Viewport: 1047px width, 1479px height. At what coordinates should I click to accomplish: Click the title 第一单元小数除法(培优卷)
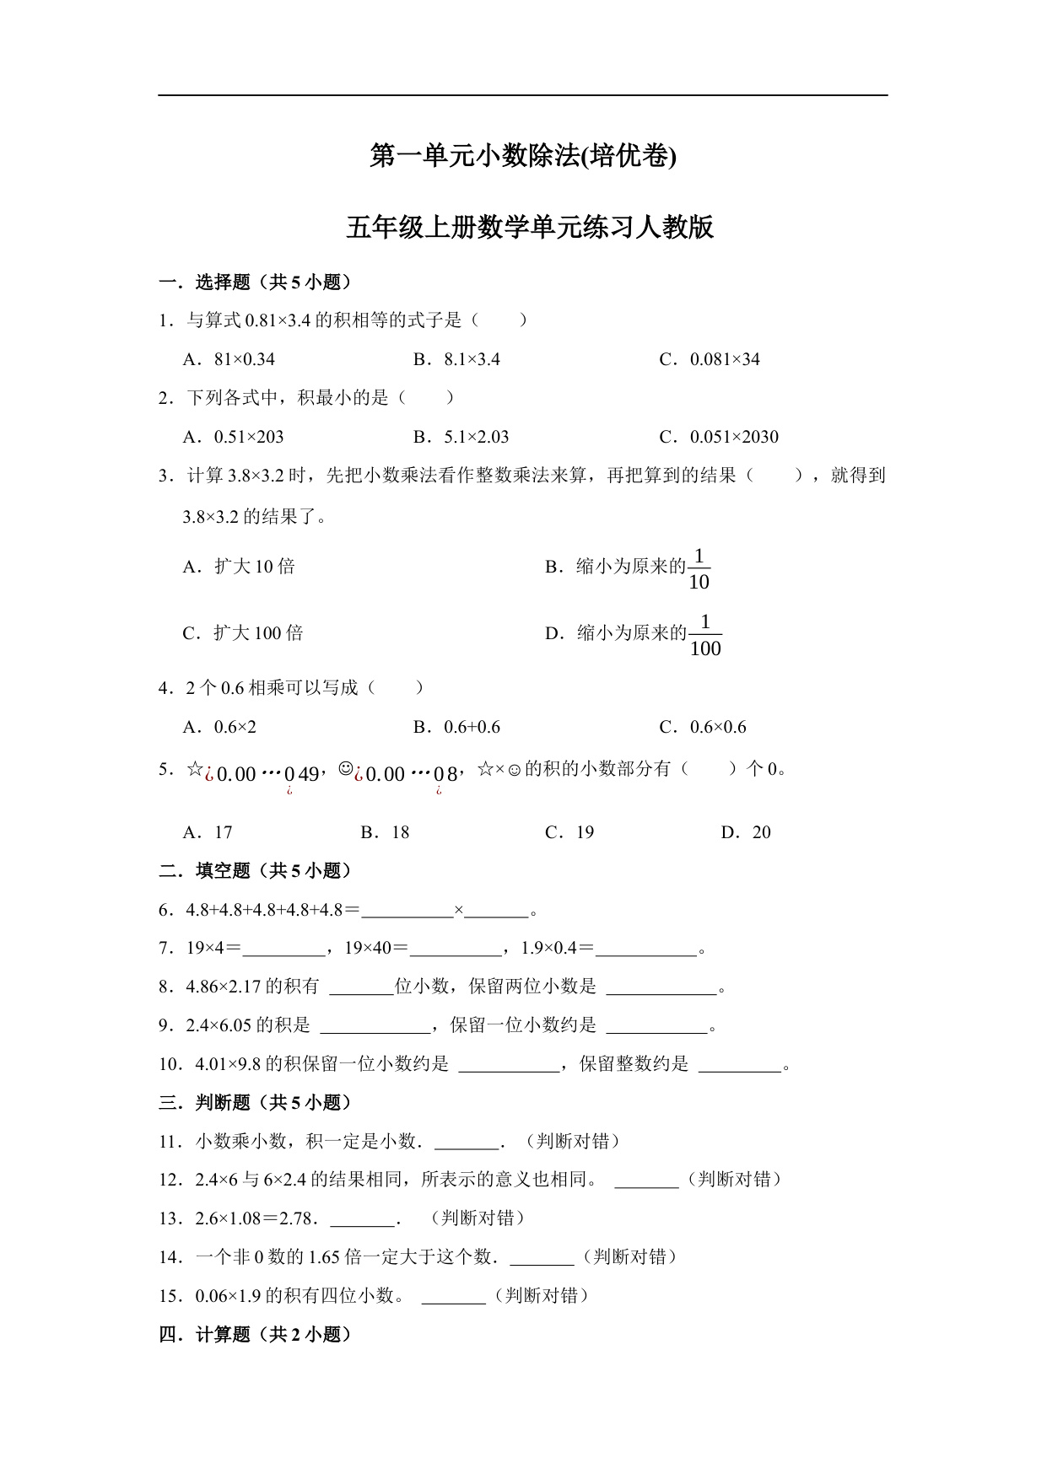coord(523,157)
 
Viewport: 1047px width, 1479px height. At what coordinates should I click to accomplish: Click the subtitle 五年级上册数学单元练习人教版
coord(530,228)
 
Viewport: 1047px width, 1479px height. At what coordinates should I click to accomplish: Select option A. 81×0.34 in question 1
coord(229,359)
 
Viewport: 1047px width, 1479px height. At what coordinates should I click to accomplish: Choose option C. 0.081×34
coord(710,359)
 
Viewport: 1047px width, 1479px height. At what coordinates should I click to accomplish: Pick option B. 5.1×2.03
coord(461,437)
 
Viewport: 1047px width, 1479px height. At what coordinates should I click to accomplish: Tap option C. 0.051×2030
coord(719,437)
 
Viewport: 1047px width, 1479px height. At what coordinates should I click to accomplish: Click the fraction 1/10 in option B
coord(699,570)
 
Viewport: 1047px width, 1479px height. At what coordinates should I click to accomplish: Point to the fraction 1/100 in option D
coord(705,637)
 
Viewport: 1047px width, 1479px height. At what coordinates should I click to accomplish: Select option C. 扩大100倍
coord(243,633)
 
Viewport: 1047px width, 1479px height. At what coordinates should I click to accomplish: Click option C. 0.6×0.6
coord(703,727)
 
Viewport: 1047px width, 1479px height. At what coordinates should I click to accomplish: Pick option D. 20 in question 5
coord(746,832)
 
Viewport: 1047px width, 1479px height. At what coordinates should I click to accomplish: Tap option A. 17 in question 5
coord(208,832)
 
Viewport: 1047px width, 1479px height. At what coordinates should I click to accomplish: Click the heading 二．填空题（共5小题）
coord(255,871)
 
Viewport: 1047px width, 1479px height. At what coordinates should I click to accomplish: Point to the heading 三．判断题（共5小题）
coord(255,1103)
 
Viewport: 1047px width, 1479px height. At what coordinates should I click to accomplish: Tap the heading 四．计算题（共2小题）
coord(255,1335)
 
